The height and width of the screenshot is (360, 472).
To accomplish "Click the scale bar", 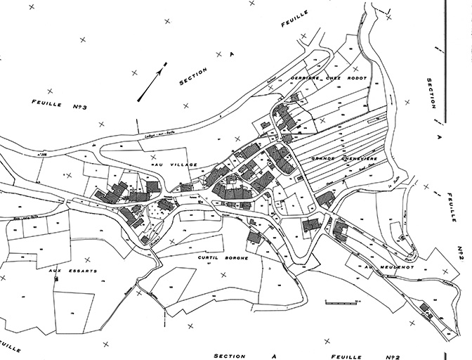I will pos(340,302).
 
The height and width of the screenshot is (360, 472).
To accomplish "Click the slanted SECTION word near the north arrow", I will pos(194,77).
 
